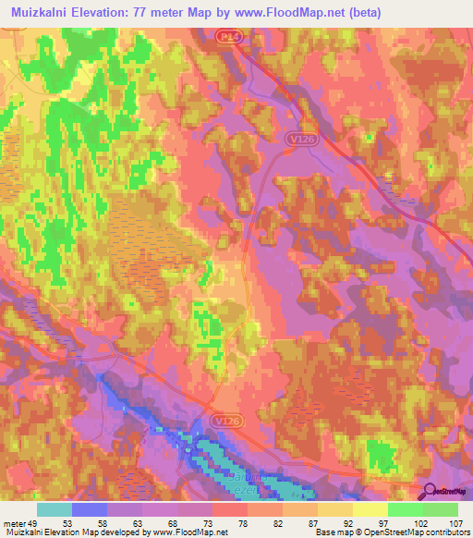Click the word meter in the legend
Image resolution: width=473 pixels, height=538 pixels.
click(x=16, y=523)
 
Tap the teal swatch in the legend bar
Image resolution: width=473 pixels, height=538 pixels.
click(x=54, y=509)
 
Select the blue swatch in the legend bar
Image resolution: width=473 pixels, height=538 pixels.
click(x=89, y=509)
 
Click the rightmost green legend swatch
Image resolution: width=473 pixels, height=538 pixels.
click(x=440, y=509)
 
